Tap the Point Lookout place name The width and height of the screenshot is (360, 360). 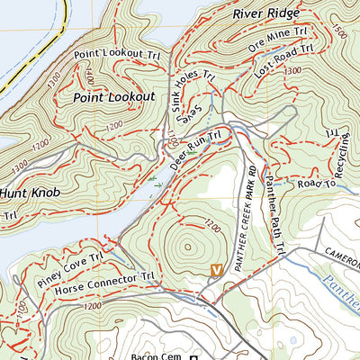click(114, 96)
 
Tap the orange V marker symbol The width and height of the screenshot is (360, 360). click(215, 269)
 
